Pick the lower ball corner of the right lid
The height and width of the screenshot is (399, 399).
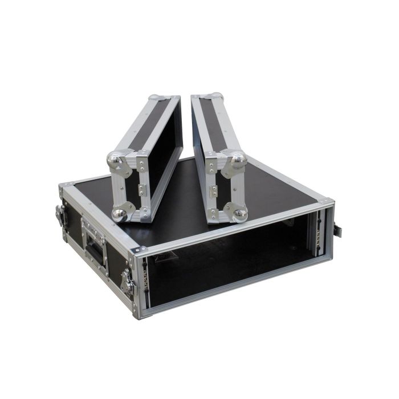point(240,214)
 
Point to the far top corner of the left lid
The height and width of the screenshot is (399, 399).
point(157,99)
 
